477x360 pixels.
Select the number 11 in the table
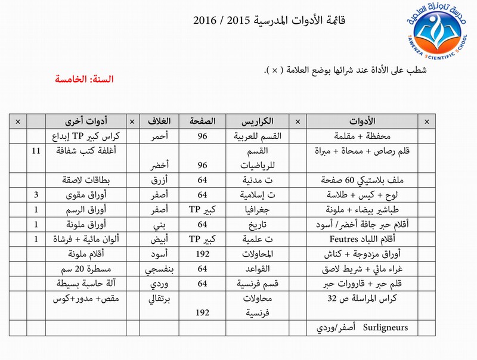pyautogui.click(x=36, y=151)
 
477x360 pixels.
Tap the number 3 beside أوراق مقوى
pyautogui.click(x=36, y=194)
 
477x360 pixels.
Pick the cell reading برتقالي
pyautogui.click(x=160, y=297)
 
